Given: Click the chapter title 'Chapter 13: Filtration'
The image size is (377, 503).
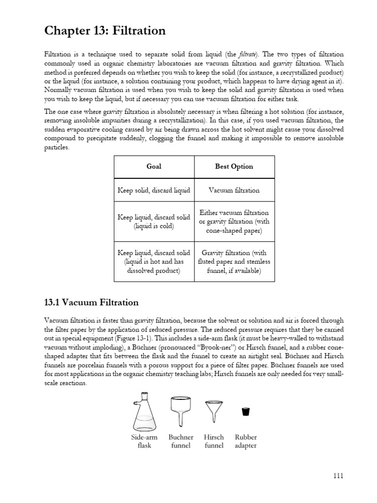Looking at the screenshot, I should pyautogui.click(x=105, y=31).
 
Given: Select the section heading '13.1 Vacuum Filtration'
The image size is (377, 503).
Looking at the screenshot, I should pyautogui.click(x=91, y=302).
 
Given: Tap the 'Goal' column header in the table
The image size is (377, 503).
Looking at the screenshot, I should pyautogui.click(x=154, y=167).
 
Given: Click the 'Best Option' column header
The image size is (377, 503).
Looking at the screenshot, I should pyautogui.click(x=234, y=167).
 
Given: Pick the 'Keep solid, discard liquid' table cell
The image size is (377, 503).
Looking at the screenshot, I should pyautogui.click(x=154, y=190).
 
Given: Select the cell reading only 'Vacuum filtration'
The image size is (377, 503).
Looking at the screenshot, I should pyautogui.click(x=234, y=190).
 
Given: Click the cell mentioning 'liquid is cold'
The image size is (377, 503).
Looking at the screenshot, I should pyautogui.click(x=154, y=222).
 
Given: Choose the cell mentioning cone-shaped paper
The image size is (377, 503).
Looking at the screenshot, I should pyautogui.click(x=234, y=222).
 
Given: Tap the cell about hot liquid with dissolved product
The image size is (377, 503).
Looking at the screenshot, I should pyautogui.click(x=154, y=261).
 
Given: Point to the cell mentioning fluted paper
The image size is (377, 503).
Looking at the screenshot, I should pyautogui.click(x=234, y=261).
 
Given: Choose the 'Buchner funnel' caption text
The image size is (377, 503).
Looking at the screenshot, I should pyautogui.click(x=181, y=441).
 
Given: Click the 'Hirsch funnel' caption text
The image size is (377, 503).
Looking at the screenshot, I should pyautogui.click(x=214, y=441).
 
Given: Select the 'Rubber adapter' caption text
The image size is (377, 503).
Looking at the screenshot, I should pyautogui.click(x=245, y=441).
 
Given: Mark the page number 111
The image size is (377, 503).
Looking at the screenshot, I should pyautogui.click(x=338, y=475).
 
